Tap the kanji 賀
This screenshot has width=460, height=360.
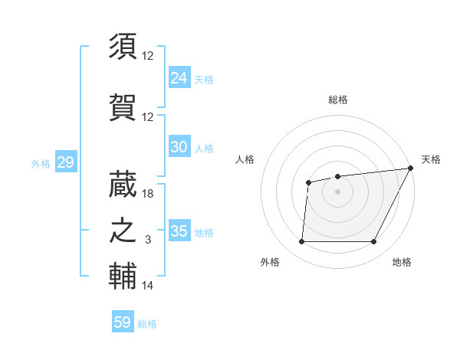(x=123, y=106)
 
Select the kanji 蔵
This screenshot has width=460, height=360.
(x=123, y=183)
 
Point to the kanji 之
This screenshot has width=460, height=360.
(x=123, y=230)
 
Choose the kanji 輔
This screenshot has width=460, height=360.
(x=123, y=276)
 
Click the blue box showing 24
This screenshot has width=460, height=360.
(x=179, y=78)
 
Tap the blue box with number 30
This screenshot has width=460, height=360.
(x=179, y=147)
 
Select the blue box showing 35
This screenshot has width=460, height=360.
(x=179, y=231)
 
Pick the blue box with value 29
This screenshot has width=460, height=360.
(x=65, y=162)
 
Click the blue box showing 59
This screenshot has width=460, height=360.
(x=123, y=322)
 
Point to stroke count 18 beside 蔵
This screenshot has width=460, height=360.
(x=148, y=194)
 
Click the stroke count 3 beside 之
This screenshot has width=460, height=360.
(x=149, y=241)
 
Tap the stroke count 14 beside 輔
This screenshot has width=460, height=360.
(x=148, y=286)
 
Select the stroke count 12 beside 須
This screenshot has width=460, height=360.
(x=148, y=56)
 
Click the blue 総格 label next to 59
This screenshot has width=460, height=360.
(x=147, y=324)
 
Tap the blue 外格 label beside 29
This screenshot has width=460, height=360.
(x=41, y=163)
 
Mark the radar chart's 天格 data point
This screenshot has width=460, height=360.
(x=411, y=169)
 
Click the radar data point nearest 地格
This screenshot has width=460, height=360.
(x=373, y=242)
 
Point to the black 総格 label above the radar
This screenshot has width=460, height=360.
(x=337, y=100)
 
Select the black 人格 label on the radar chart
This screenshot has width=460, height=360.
(x=245, y=159)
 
